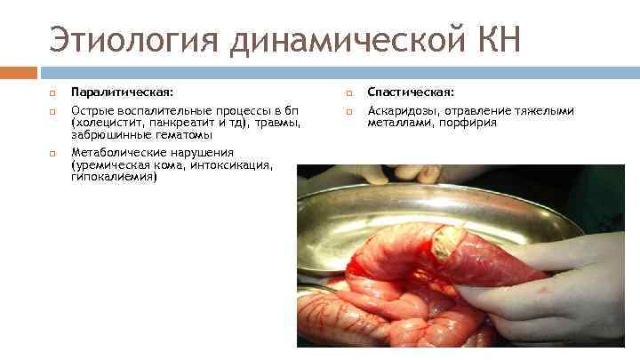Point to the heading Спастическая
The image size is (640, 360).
[x=411, y=92]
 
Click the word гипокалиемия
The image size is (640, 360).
[x=112, y=177]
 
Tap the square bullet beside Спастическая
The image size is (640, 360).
[x=348, y=92]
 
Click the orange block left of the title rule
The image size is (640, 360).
[x=19, y=72]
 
